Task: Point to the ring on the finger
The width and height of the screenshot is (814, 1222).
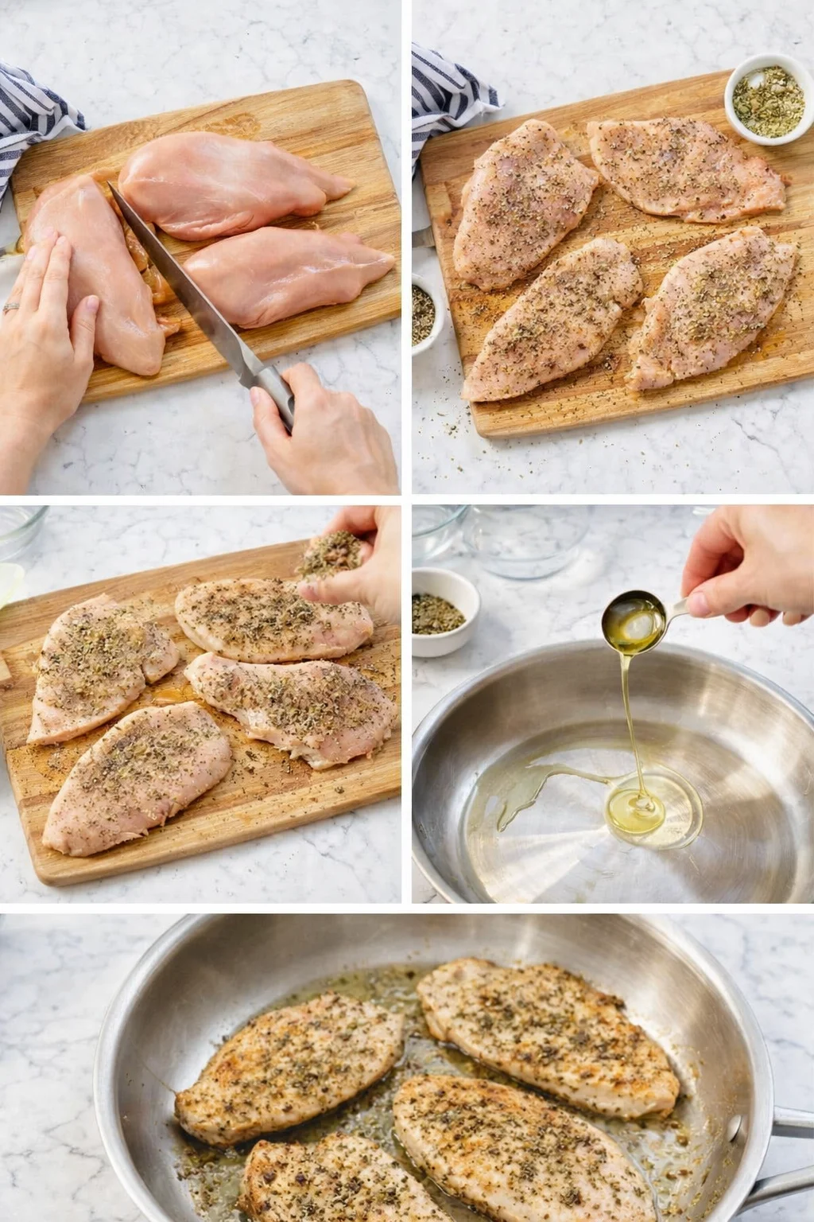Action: pyautogui.click(x=10, y=307)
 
